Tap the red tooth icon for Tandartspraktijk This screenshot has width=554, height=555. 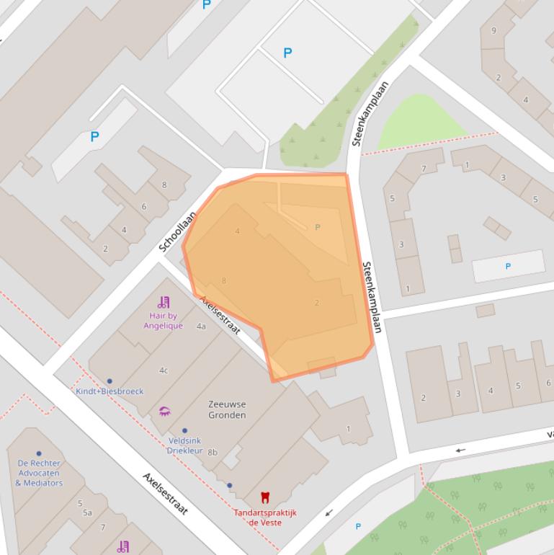(x=264, y=497)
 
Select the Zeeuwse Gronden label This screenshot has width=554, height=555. (x=227, y=409)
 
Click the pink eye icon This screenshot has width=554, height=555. (x=164, y=412)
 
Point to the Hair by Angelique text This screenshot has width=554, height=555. (x=163, y=321)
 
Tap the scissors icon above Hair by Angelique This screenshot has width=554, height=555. (x=164, y=302)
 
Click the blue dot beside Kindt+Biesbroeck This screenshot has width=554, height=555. (x=110, y=381)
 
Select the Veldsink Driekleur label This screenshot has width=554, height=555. (x=184, y=445)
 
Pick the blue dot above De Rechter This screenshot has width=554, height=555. (x=39, y=454)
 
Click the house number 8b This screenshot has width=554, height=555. (x=212, y=452)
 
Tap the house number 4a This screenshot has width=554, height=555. (x=201, y=327)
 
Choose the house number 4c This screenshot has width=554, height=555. (x=164, y=370)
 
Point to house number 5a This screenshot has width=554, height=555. (x=87, y=512)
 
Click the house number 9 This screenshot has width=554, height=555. (x=493, y=30)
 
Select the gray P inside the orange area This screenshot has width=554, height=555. (x=317, y=227)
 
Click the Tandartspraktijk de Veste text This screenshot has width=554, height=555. (x=264, y=518)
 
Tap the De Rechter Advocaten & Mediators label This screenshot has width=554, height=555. (x=39, y=473)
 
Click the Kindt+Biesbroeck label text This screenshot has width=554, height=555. (x=110, y=391)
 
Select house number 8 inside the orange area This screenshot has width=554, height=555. (x=224, y=280)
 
